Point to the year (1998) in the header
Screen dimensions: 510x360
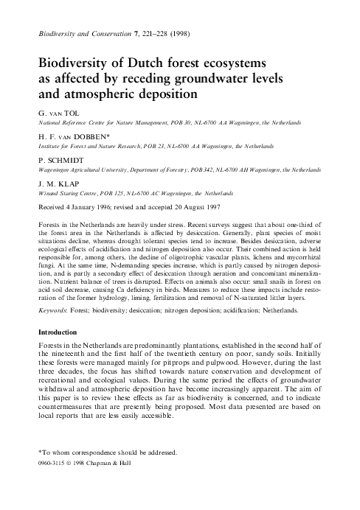[x=184, y=33]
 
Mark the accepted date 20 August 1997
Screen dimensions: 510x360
[x=206, y=206]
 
